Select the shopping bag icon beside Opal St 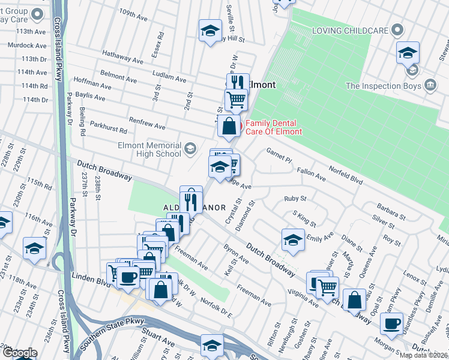[355, 299]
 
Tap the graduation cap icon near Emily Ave [292, 240]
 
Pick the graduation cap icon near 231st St [34, 248]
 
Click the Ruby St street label [295, 199]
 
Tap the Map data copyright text [423, 355]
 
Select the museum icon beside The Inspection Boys [430, 85]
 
